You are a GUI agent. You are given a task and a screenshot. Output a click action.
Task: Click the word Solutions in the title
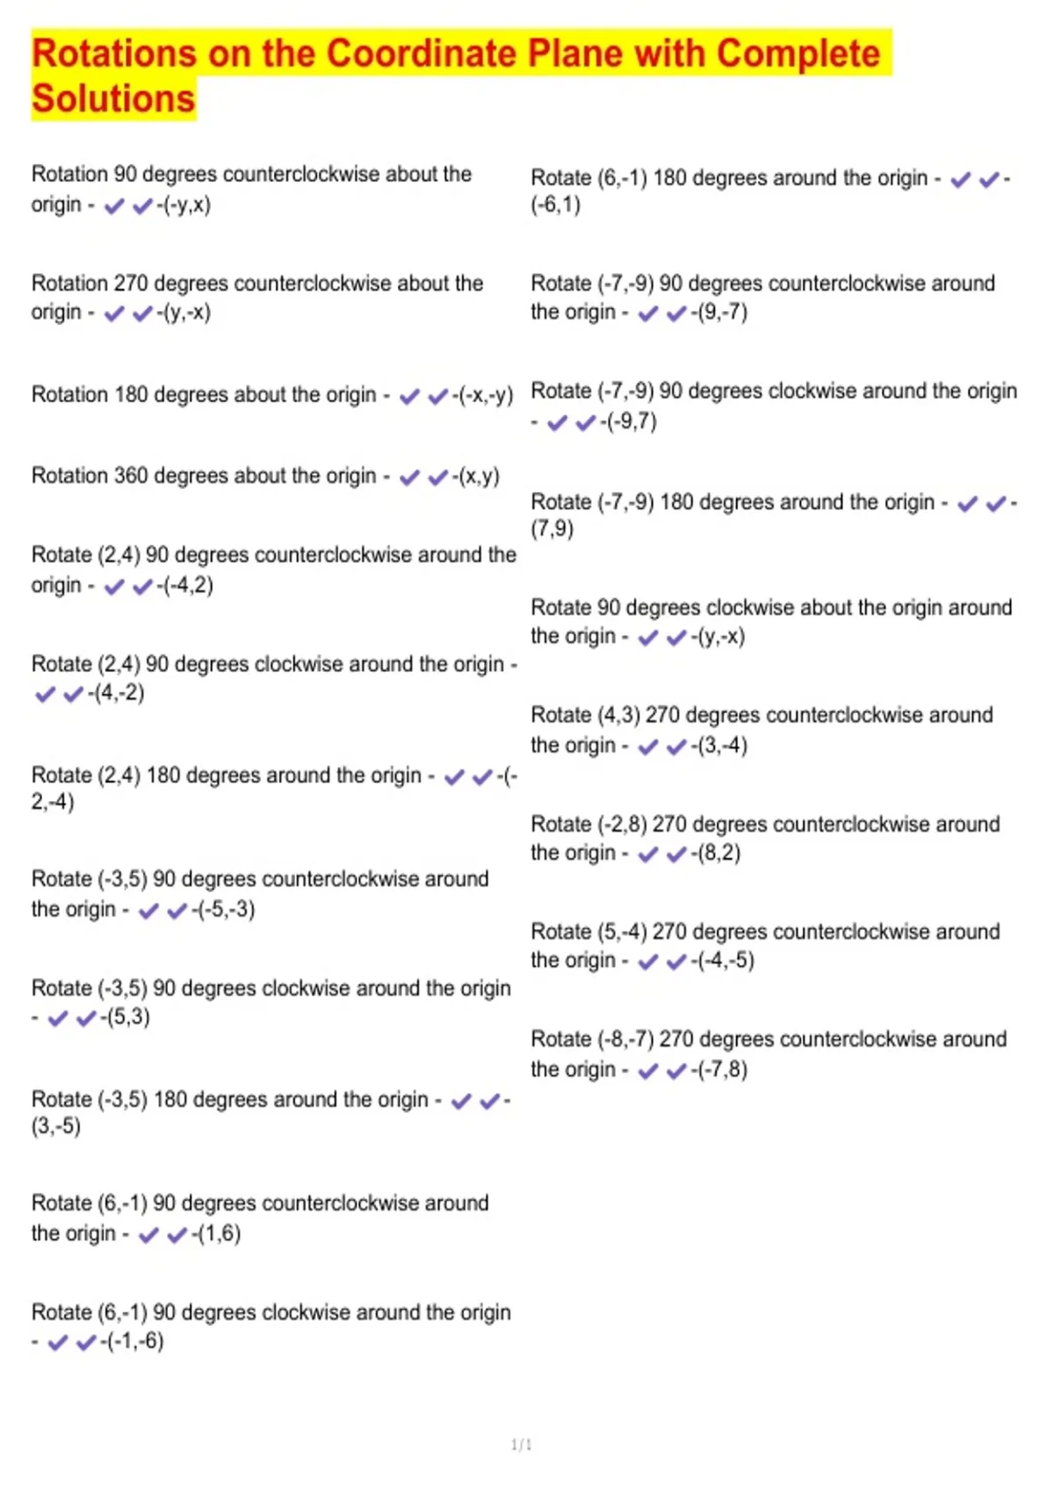click(113, 98)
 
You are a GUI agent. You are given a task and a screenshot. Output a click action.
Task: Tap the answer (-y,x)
click(187, 205)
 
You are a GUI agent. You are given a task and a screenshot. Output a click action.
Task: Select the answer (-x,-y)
click(486, 395)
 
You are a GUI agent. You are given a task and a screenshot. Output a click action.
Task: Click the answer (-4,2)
click(188, 585)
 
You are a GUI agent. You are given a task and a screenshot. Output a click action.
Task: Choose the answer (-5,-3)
click(227, 909)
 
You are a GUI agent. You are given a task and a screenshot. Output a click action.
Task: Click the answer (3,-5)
click(56, 1126)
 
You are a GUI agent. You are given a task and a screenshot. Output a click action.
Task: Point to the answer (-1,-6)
click(135, 1341)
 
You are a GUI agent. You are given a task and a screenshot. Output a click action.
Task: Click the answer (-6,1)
click(555, 205)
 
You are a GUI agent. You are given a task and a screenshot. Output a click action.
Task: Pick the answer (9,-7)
click(722, 312)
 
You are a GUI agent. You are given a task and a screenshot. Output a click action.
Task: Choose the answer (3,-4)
click(722, 746)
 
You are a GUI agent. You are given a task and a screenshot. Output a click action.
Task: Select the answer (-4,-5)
click(726, 960)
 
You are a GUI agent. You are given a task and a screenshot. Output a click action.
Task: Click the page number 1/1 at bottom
click(522, 1445)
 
